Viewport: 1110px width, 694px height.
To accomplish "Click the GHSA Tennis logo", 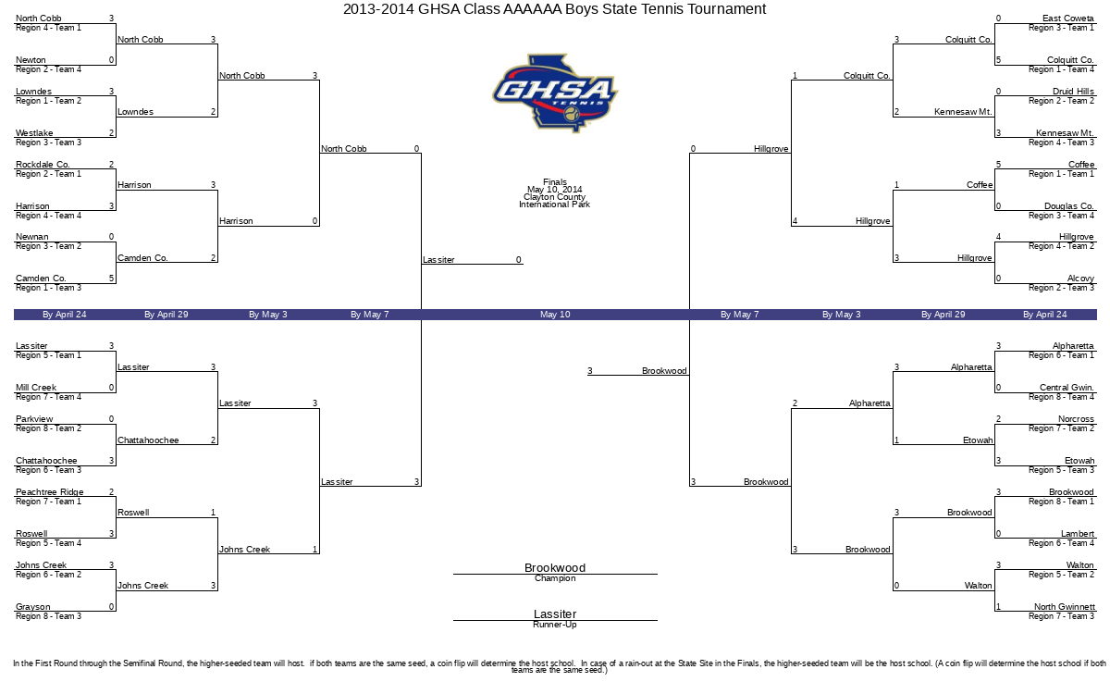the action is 555,93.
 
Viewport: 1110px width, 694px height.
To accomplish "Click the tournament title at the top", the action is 554,9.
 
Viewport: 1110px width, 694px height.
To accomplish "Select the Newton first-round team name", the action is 31,60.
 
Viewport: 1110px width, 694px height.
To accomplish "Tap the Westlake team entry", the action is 34,133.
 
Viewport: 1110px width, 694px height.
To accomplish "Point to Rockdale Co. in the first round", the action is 43,164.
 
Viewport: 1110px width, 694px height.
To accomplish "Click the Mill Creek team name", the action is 36,387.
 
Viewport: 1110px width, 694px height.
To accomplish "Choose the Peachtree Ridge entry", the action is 50,491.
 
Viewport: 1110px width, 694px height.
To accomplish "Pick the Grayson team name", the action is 33,606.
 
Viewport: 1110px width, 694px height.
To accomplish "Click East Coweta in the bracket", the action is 1067,19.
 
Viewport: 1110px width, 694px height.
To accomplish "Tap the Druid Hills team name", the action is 1073,92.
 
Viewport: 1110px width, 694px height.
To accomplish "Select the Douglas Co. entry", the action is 1069,205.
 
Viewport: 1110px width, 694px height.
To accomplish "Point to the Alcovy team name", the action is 1080,279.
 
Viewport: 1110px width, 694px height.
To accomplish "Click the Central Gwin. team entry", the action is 1067,387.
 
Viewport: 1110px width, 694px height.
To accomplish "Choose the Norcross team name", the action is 1076,419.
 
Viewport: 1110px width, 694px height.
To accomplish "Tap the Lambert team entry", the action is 1078,533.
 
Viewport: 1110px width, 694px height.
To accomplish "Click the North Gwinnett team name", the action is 1065,606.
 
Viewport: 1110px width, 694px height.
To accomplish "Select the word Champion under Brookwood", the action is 555,578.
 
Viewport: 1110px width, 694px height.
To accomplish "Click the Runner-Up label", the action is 555,625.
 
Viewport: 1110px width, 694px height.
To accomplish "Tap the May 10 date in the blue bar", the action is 555,315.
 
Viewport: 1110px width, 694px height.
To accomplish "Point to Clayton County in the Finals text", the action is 554,197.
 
